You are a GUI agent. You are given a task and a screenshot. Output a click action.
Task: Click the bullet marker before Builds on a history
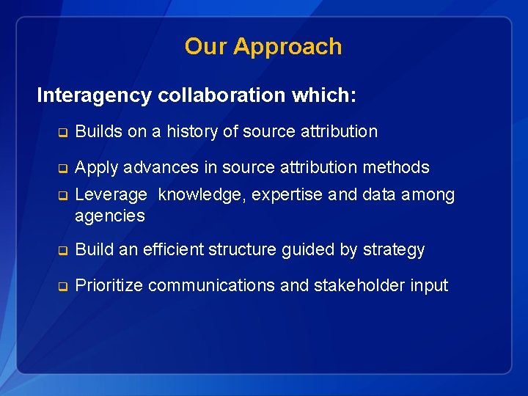click(x=63, y=133)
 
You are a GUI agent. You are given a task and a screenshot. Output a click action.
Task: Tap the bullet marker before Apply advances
click(x=63, y=168)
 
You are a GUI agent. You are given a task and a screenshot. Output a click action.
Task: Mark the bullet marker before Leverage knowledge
click(x=63, y=196)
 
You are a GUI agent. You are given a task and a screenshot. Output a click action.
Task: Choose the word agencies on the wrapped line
click(x=109, y=216)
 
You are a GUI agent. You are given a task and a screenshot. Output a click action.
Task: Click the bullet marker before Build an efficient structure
click(x=63, y=251)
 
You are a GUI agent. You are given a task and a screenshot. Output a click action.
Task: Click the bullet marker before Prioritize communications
click(x=63, y=287)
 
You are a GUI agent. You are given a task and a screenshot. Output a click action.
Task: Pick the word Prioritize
click(x=110, y=286)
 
